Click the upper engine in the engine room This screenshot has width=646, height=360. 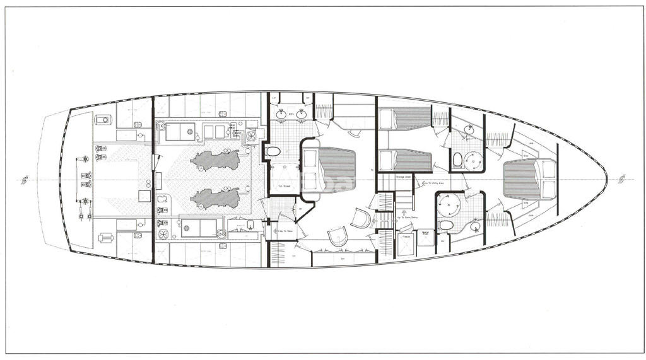215,160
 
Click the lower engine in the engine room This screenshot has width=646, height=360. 215,198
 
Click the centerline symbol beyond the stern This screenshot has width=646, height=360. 25,180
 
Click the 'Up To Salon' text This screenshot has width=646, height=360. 285,231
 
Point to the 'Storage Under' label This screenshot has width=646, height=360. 404,177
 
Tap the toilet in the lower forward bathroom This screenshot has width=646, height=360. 446,225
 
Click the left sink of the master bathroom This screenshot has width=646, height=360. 282,114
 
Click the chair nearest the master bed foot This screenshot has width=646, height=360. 361,218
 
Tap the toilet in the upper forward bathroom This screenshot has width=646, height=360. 457,159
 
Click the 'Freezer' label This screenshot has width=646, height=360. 406,238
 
